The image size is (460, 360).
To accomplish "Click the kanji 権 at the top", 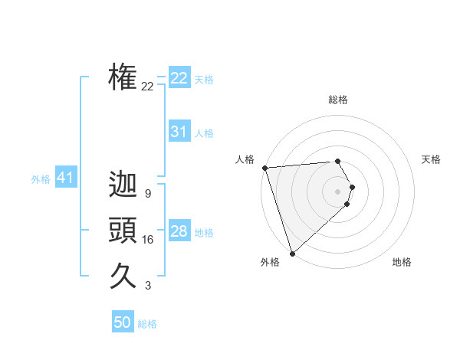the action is (x=123, y=77).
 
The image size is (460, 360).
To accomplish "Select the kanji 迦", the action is (x=123, y=186).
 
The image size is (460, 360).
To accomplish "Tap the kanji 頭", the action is (x=123, y=231).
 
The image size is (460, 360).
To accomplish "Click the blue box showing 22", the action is (x=179, y=78).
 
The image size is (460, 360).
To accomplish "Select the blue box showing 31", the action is (x=179, y=132).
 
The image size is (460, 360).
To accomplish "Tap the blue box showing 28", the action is (x=179, y=231).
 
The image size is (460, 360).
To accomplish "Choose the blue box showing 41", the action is (x=65, y=178).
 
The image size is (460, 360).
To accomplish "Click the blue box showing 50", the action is (x=123, y=322).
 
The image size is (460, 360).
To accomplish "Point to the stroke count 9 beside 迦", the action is (x=147, y=194).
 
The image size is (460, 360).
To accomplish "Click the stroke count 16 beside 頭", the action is (x=147, y=240).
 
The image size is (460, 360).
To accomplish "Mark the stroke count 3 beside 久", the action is (x=147, y=286).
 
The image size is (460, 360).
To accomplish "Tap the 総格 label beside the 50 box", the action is (x=147, y=324).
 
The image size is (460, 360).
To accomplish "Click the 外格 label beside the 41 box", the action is (x=41, y=179).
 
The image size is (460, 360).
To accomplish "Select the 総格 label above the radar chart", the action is (x=338, y=100).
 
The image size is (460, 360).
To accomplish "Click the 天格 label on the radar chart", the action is (x=432, y=159).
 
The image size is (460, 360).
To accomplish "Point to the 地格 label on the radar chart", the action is (x=402, y=262).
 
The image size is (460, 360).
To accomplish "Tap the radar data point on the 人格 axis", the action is (x=264, y=168).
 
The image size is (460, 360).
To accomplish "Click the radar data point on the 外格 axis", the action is (x=292, y=253).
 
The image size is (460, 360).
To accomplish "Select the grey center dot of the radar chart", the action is (x=338, y=190).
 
